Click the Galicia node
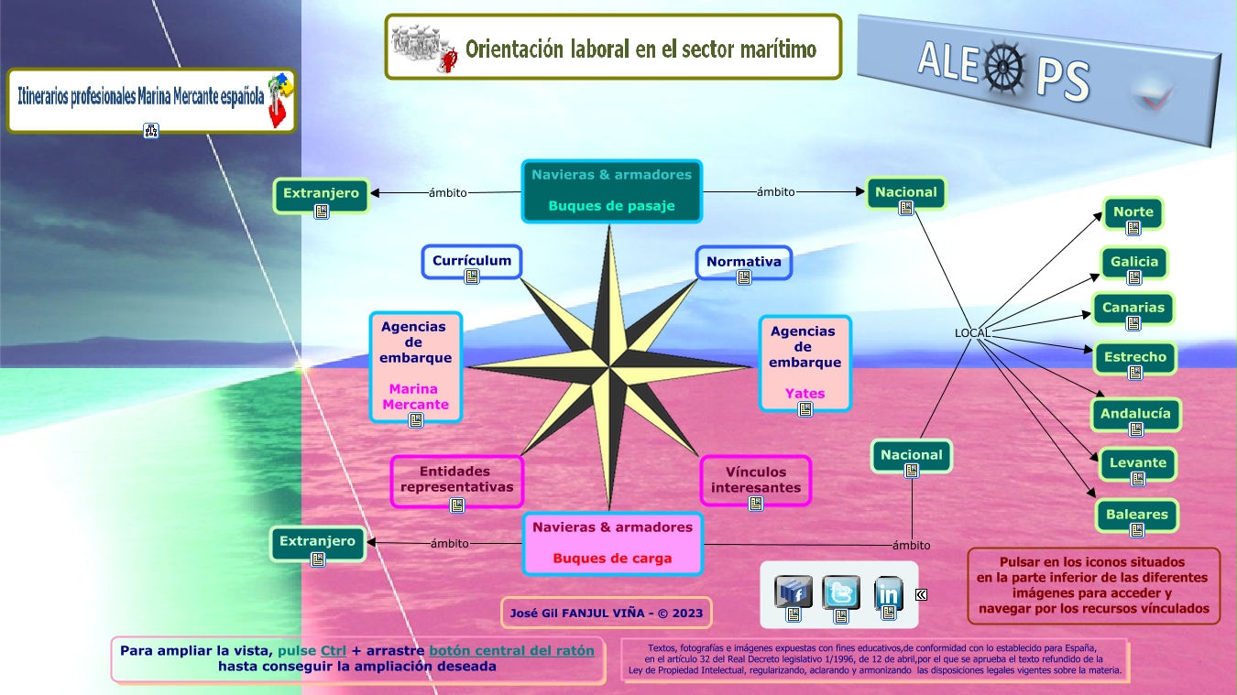(1134, 262)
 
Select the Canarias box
(1133, 308)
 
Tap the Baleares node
(1136, 515)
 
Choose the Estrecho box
(1135, 357)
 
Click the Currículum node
(472, 261)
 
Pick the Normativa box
(743, 262)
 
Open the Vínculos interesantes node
(756, 480)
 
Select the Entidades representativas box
(457, 480)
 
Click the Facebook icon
(794, 592)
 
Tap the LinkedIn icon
(888, 594)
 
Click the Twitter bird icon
(840, 593)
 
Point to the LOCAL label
(972, 332)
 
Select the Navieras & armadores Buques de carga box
(612, 543)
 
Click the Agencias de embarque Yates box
(805, 363)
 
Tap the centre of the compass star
(609, 368)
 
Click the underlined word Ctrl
(334, 651)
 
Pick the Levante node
(1137, 463)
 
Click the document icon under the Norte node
(1133, 228)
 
